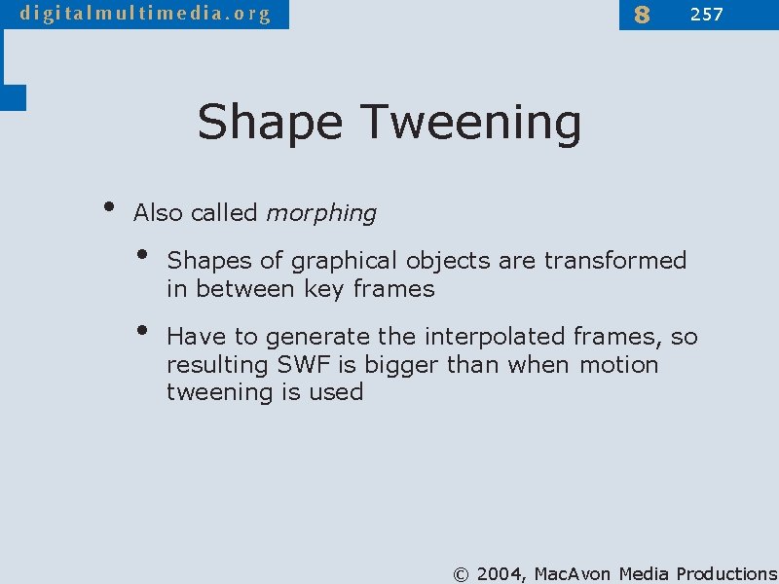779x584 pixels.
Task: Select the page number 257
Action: pos(706,14)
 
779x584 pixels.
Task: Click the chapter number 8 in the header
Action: pos(641,15)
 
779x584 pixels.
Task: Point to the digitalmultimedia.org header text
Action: pos(145,14)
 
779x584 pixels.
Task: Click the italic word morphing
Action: pos(320,213)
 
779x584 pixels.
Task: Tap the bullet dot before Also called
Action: pos(108,207)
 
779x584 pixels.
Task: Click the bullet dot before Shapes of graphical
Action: pos(142,255)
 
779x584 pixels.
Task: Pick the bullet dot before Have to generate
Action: pos(142,331)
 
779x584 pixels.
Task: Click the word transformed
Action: pos(615,261)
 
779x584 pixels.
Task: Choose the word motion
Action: pos(618,365)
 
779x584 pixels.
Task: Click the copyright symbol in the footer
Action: pos(462,574)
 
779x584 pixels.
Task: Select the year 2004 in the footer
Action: pos(502,574)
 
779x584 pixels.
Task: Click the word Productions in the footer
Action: pos(726,574)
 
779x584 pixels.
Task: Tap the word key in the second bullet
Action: pos(324,289)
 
